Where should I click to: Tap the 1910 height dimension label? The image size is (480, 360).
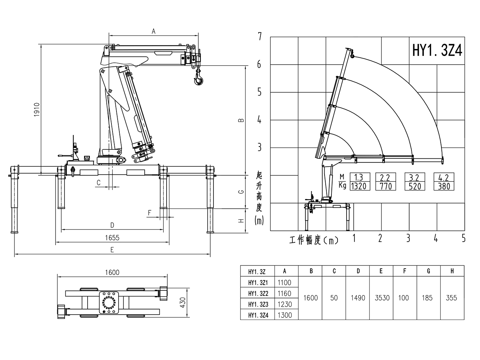(x=36, y=109)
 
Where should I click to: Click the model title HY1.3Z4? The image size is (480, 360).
(x=437, y=51)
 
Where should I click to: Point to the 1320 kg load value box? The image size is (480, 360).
(x=358, y=186)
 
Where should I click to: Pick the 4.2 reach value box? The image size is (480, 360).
(x=444, y=177)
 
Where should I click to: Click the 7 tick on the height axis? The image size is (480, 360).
(x=259, y=36)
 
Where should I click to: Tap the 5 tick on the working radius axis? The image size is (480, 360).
(x=463, y=238)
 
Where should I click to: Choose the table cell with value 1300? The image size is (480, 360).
(x=285, y=315)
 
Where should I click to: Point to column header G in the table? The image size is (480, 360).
(x=428, y=271)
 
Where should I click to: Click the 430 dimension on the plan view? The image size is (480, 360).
(x=182, y=302)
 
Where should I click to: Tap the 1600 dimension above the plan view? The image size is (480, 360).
(x=112, y=273)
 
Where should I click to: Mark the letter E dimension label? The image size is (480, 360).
(x=112, y=250)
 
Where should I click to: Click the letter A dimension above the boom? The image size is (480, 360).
(x=153, y=31)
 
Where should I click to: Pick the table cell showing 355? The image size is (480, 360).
(x=451, y=298)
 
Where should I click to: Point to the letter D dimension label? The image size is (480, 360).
(x=112, y=225)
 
